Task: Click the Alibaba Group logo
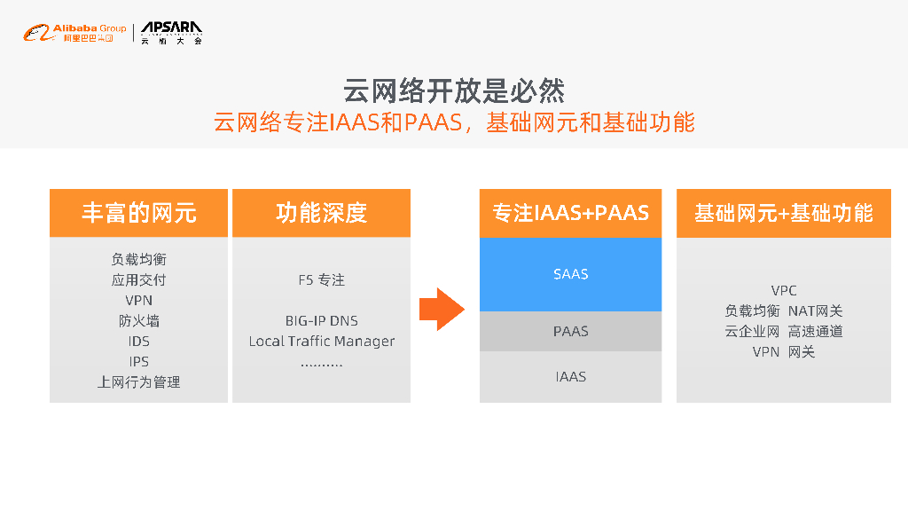[x=74, y=34]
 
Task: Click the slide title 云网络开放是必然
[x=453, y=90]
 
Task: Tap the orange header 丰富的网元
[x=138, y=213]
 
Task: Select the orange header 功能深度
[x=321, y=213]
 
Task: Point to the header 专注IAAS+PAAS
[x=570, y=213]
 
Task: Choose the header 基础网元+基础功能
[x=783, y=213]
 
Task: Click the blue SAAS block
[x=570, y=274]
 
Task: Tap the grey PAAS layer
[x=570, y=331]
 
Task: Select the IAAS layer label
[x=570, y=377]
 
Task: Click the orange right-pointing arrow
[x=442, y=309]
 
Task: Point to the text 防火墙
[x=138, y=321]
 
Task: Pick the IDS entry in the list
[x=138, y=342]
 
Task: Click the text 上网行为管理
[x=138, y=382]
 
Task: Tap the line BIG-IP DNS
[x=321, y=321]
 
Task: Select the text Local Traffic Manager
[x=321, y=342]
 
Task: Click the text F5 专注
[x=321, y=280]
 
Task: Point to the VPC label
[x=783, y=291]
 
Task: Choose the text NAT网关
[x=815, y=311]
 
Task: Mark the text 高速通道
[x=815, y=332]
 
